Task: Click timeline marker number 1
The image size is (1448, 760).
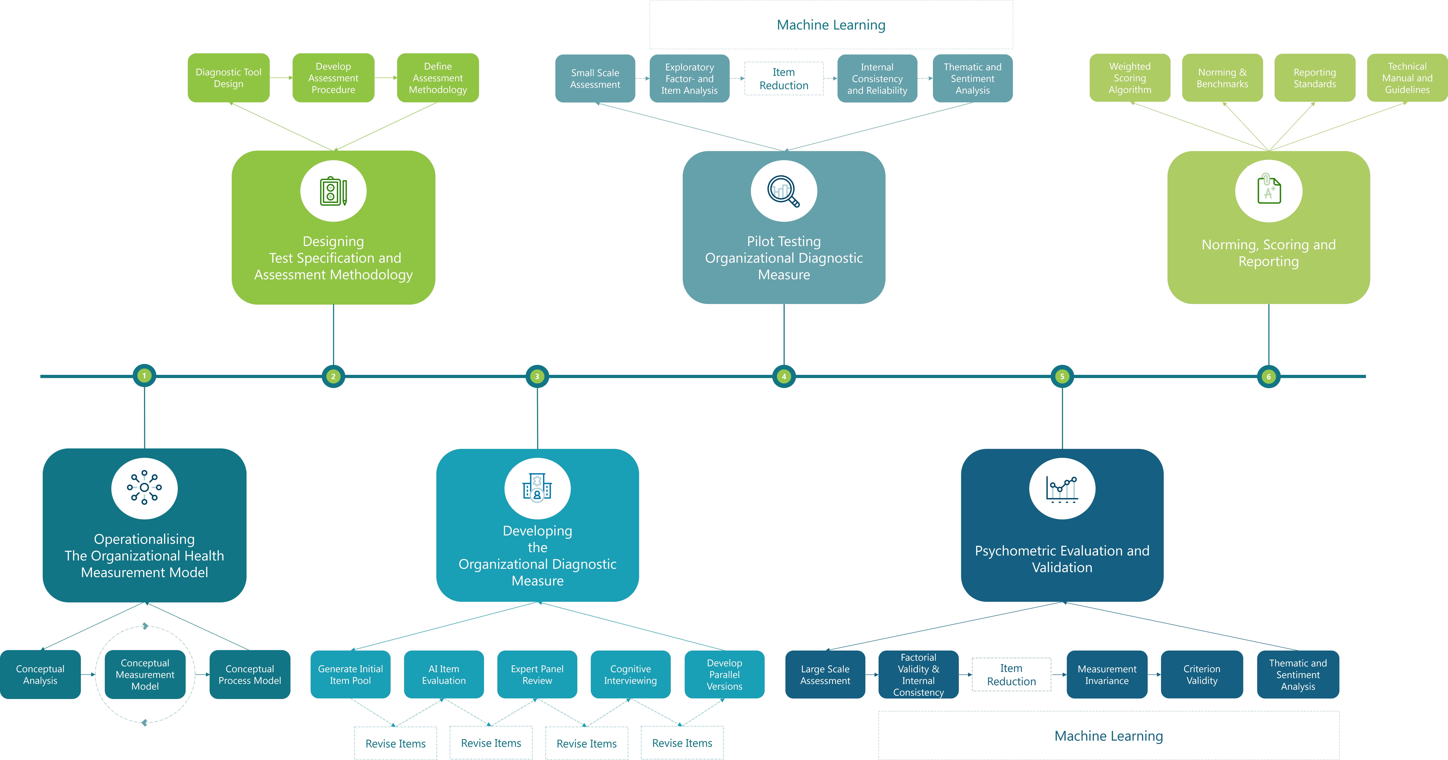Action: click(144, 376)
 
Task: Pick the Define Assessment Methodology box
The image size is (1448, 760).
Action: click(438, 78)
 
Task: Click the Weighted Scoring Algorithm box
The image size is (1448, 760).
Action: click(1130, 78)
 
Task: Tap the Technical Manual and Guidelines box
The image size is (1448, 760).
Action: click(1407, 78)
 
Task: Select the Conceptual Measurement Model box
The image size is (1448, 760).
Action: click(145, 675)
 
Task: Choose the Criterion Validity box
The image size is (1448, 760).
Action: click(1202, 675)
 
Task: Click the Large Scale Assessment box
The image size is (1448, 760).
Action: click(825, 675)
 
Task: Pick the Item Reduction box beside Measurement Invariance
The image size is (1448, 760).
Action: click(1011, 675)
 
